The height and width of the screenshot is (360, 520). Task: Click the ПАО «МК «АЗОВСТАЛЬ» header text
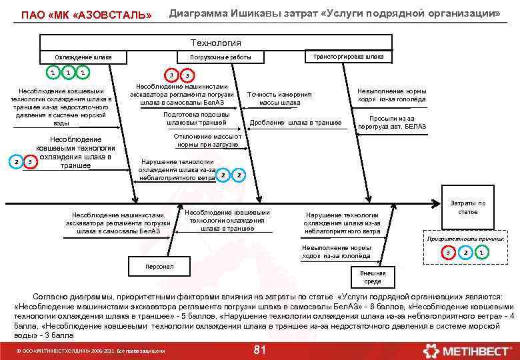click(87, 14)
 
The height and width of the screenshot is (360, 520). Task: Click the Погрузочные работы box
click(221, 57)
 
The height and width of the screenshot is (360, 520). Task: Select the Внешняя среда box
click(373, 277)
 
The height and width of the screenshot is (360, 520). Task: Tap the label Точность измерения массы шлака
click(279, 98)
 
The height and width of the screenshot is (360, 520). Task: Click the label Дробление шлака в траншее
click(295, 123)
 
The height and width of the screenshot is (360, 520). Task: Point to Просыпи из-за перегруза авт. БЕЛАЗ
click(391, 122)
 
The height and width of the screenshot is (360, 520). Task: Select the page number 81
click(260, 350)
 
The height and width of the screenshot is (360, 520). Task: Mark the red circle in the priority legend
click(449, 252)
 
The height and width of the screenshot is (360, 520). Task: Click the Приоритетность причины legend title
click(465, 239)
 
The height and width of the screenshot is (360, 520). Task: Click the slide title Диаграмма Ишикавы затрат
click(334, 13)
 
